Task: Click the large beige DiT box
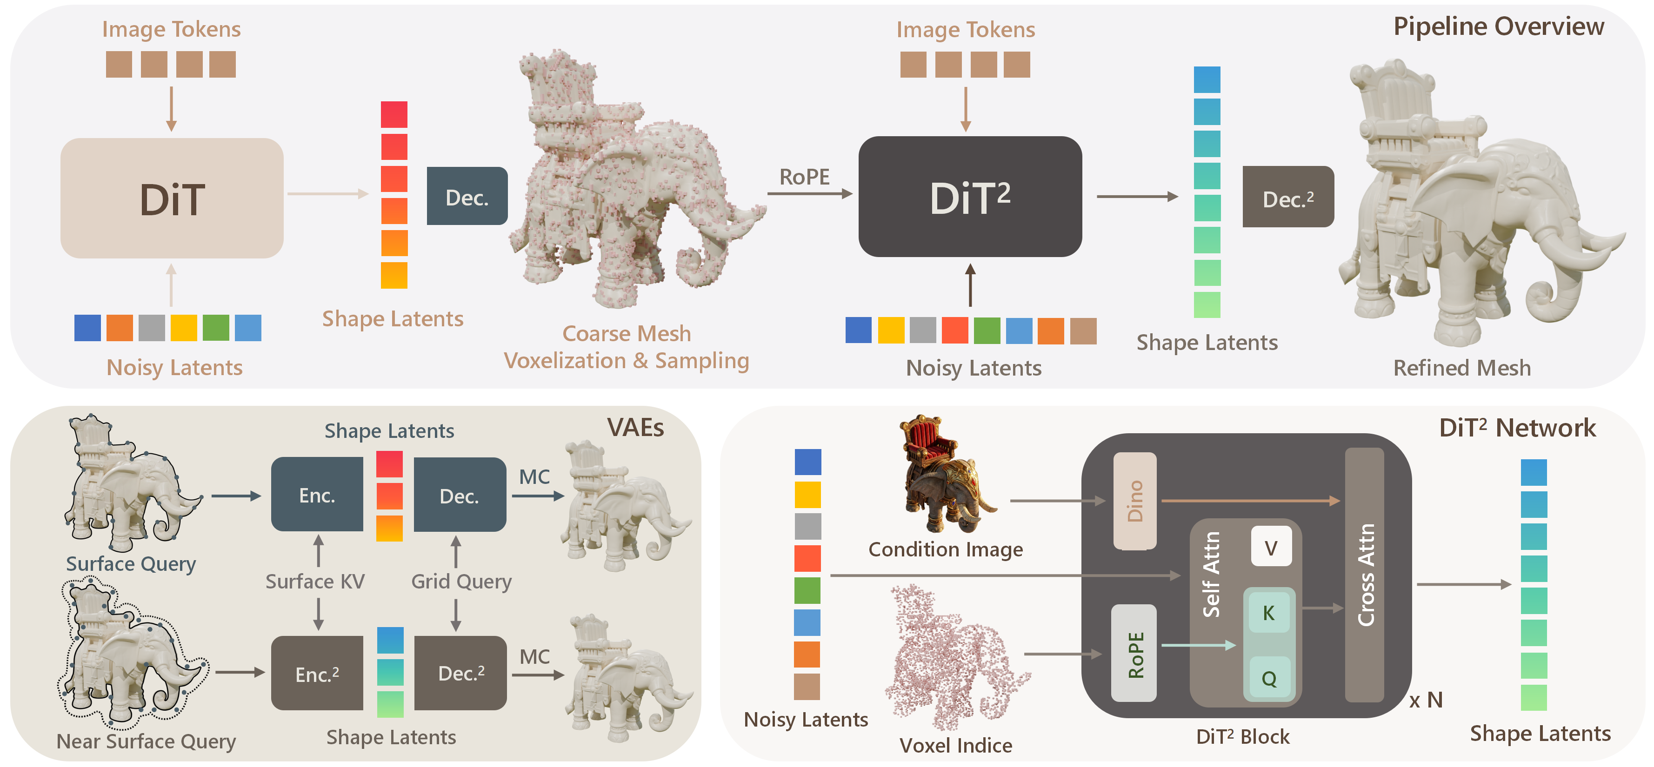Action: [172, 198]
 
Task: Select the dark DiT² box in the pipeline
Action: [969, 197]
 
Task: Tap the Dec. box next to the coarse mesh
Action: [467, 197]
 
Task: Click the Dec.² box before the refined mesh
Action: [1287, 197]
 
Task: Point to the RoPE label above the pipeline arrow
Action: [804, 177]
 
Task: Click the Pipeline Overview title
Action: [1498, 26]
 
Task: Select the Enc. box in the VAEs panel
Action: [317, 495]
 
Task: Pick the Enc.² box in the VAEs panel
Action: [317, 673]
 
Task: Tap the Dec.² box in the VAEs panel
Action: [460, 673]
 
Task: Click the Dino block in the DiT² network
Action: [1134, 501]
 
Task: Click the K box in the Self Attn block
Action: [1269, 613]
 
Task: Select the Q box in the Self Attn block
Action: [1269, 678]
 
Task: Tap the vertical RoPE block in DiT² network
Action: [1134, 654]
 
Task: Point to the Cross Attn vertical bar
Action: [1364, 575]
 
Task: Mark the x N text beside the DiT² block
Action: [1426, 700]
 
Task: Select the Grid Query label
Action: [461, 582]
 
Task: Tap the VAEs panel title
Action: [635, 428]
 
